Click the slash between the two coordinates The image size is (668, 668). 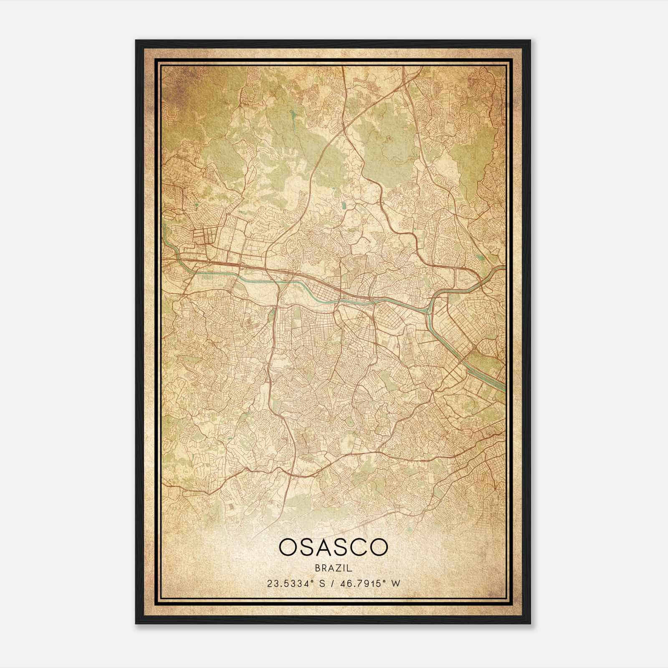tap(331, 583)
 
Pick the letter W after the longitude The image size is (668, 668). tap(396, 583)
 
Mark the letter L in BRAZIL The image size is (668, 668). tap(350, 568)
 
